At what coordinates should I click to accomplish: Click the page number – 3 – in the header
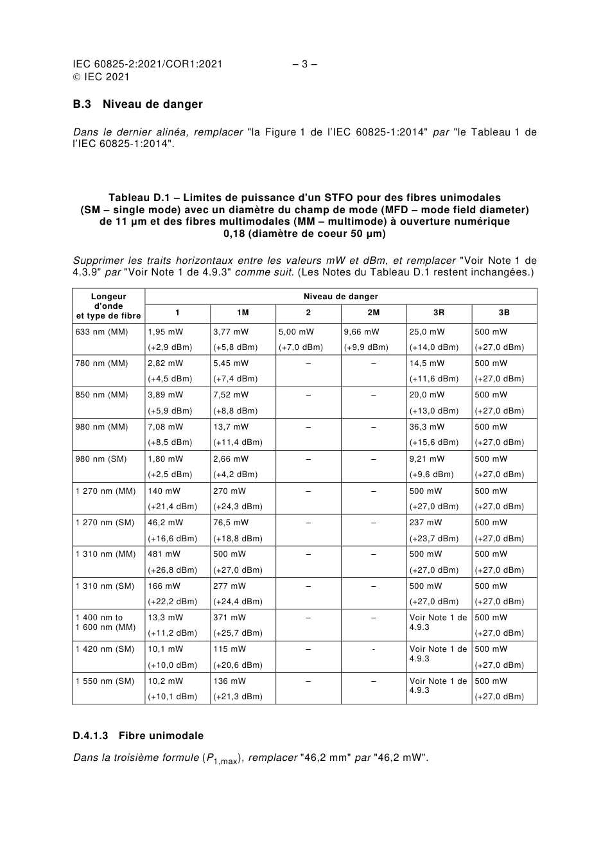pos(305,64)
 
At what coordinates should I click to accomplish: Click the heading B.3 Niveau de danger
pos(137,104)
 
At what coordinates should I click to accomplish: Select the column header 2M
pos(373,313)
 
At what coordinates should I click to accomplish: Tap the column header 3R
pos(439,313)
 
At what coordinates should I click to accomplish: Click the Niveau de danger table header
pos(340,297)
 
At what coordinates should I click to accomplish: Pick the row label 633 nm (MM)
pos(101,332)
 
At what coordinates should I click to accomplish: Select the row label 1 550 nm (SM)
pos(105,681)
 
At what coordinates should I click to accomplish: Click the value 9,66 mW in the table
pos(362,332)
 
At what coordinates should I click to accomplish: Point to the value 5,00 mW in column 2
pos(296,332)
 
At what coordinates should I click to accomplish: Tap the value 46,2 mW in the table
pos(165,523)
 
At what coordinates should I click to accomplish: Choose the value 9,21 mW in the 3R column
pos(427,459)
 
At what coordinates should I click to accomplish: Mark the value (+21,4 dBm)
pos(173,507)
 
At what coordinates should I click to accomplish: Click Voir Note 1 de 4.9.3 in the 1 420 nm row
pos(438,654)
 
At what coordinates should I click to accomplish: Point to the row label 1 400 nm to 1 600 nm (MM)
pos(105,622)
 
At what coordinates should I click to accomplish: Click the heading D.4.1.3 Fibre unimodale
pos(138,736)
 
